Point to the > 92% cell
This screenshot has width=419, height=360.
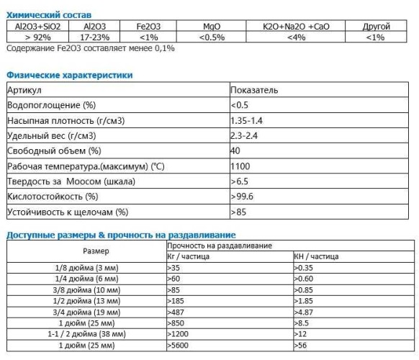(x=37, y=37)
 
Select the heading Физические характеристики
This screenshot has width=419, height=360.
(x=69, y=75)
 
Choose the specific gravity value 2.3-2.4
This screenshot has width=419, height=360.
(x=245, y=135)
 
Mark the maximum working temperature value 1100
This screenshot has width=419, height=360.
(x=240, y=166)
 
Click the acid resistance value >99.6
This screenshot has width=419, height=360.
(x=242, y=197)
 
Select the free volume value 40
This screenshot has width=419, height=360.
(x=235, y=150)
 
